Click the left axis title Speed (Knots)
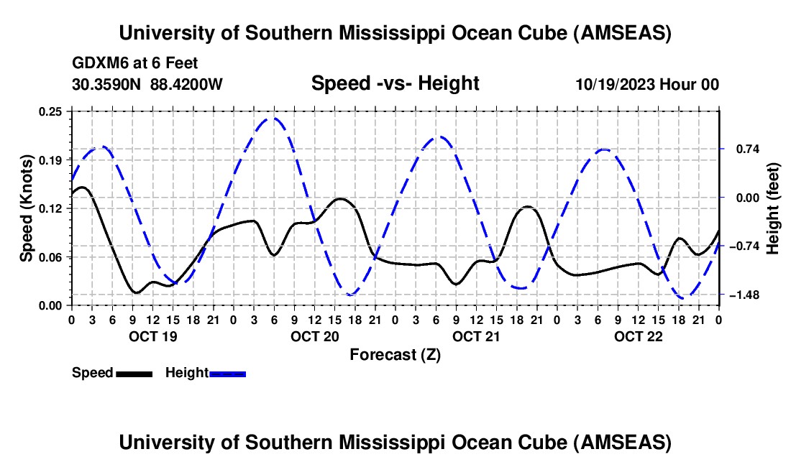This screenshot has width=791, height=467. [x=27, y=208]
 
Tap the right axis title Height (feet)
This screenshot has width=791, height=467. [x=773, y=208]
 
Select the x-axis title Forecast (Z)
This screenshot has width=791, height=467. [x=395, y=354]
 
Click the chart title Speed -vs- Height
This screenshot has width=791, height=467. [x=395, y=84]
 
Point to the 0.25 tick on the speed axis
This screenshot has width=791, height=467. [x=50, y=111]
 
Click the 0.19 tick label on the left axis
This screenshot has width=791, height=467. [x=50, y=159]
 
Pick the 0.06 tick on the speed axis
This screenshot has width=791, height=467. [x=50, y=257]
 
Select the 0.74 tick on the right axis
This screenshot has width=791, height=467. [x=744, y=149]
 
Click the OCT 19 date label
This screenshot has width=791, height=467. [x=152, y=336]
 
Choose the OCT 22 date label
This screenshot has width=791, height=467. [x=638, y=336]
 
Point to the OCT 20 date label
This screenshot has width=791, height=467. [x=314, y=336]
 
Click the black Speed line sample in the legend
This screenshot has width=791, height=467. [x=134, y=374]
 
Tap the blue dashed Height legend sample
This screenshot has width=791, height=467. [x=228, y=374]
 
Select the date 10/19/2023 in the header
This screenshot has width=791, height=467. [x=613, y=84]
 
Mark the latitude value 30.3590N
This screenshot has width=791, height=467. [x=107, y=84]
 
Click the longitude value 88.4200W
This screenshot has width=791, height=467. [x=186, y=84]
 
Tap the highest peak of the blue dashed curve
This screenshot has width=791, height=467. [x=273, y=119]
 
